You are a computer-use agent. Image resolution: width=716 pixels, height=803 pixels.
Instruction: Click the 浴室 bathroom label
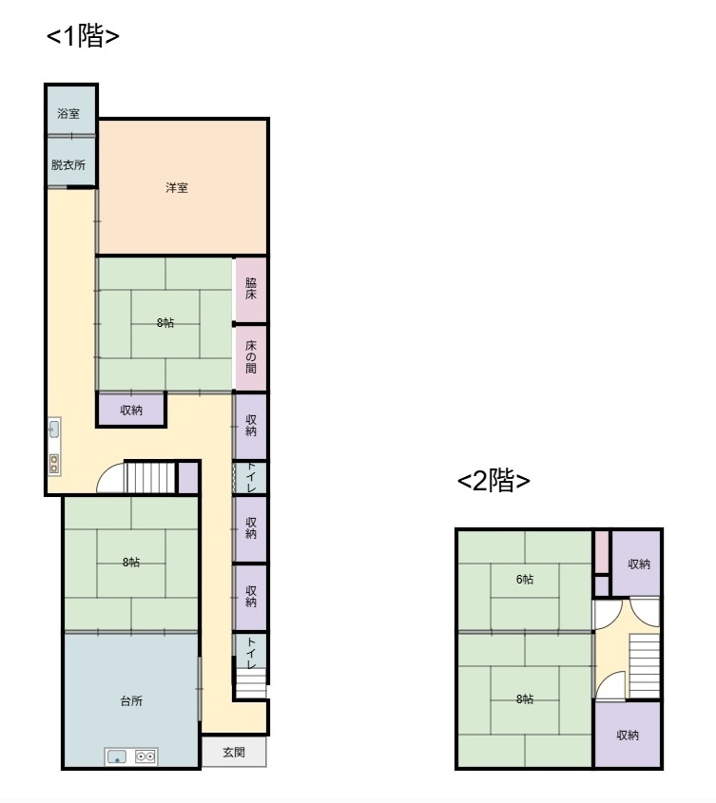click(x=68, y=114)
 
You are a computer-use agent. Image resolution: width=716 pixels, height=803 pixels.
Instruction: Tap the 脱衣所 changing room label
click(x=68, y=165)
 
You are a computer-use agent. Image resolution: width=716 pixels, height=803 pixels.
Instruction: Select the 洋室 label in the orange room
click(x=177, y=188)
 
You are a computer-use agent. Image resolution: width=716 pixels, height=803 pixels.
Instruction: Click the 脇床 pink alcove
click(x=250, y=289)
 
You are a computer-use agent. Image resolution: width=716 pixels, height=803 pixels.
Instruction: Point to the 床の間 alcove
click(x=250, y=358)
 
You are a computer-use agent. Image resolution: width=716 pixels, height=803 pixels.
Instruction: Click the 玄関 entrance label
click(x=234, y=753)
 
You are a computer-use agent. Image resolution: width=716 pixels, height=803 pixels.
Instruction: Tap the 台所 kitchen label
click(x=131, y=700)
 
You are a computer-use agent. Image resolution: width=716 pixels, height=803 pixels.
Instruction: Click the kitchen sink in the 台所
click(x=117, y=756)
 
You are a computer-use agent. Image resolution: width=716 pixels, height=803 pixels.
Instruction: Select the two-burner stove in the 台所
click(x=145, y=755)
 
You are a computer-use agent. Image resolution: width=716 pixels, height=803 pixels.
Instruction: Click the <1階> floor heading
click(x=83, y=35)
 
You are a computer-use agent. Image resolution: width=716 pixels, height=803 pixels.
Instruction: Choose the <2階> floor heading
click(x=493, y=480)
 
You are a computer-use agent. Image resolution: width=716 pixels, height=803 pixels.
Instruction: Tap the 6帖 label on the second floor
click(x=524, y=579)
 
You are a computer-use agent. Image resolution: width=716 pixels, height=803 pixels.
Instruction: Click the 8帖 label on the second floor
click(x=524, y=698)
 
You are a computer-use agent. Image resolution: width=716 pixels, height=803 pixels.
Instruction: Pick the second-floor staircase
click(x=644, y=666)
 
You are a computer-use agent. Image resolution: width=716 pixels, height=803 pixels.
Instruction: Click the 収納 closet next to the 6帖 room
click(x=636, y=564)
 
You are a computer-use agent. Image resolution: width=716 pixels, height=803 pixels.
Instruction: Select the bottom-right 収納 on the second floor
click(x=628, y=735)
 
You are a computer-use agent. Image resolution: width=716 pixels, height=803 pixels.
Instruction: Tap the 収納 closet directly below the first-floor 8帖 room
click(x=131, y=410)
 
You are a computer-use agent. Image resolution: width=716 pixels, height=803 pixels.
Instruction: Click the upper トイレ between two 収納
click(x=250, y=478)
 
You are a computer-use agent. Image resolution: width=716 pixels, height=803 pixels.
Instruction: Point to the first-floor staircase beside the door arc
click(x=150, y=477)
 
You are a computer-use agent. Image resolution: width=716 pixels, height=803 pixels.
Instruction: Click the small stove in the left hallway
click(x=54, y=464)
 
